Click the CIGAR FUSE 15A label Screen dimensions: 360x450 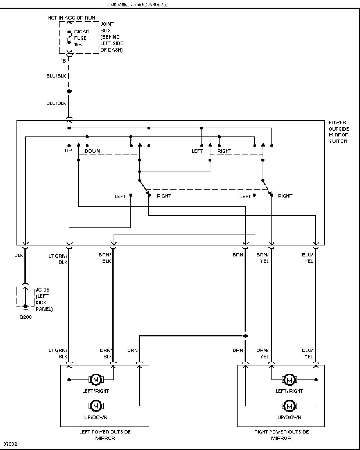point(82,38)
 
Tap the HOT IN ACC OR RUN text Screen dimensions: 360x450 point(71,18)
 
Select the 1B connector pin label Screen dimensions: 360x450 point(63,61)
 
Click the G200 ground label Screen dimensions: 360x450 point(26,317)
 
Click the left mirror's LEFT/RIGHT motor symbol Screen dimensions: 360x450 point(96,379)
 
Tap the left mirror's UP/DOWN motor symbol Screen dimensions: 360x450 point(96,406)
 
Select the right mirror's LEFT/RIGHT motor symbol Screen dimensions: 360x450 point(289,379)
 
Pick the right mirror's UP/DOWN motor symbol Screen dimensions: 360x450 point(289,406)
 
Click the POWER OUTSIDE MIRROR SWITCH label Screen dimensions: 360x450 point(339,132)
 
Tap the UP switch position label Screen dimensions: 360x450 point(68,151)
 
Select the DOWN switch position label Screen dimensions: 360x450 point(92,151)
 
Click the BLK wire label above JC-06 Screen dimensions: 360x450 point(19,255)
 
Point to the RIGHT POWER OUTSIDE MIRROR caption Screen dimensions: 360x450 point(281,435)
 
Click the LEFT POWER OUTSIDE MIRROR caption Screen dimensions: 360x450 point(105,435)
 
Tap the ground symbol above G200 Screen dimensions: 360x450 point(26,307)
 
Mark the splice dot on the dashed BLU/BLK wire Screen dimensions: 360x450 point(69,91)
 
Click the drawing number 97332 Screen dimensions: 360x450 point(10,444)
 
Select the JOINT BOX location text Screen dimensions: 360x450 point(112,37)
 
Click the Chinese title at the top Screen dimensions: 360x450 point(136,5)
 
